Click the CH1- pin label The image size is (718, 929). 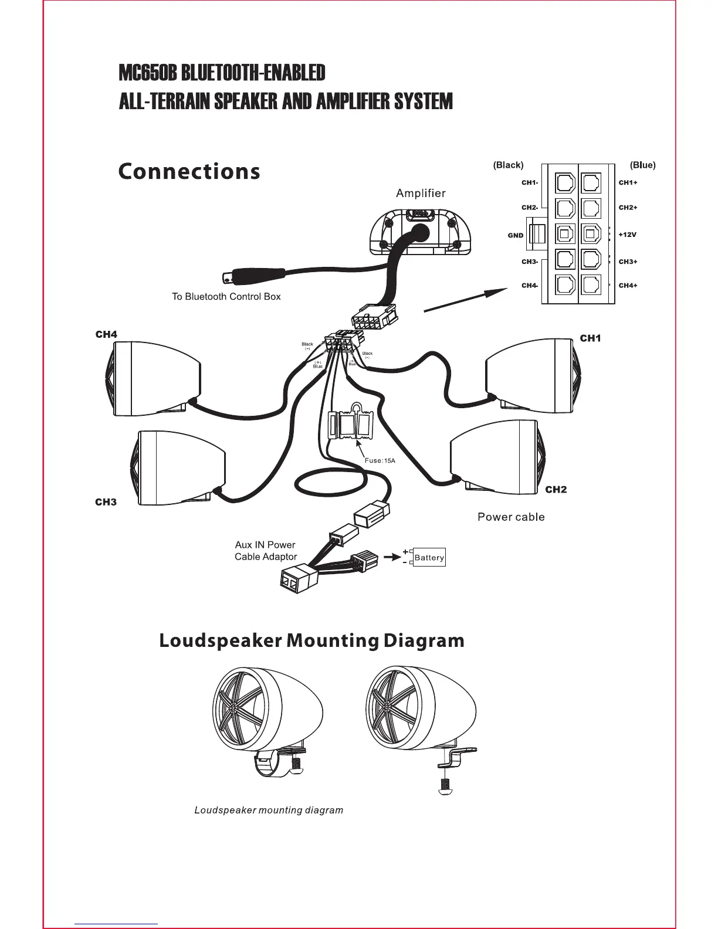(x=530, y=182)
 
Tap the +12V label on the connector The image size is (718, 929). (x=628, y=235)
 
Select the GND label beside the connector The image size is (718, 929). (x=515, y=235)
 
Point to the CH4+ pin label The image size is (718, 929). (x=628, y=286)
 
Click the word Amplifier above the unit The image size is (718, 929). (x=421, y=193)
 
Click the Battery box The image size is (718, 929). (x=429, y=557)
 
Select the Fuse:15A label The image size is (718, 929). (x=380, y=460)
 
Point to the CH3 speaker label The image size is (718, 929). (x=106, y=502)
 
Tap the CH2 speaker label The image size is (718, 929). (x=556, y=490)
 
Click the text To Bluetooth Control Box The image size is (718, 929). (x=226, y=297)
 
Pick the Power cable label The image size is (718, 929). (x=511, y=517)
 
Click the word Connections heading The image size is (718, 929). (x=189, y=172)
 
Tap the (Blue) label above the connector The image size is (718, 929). (x=642, y=165)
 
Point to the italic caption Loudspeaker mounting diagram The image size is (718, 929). (x=269, y=810)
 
